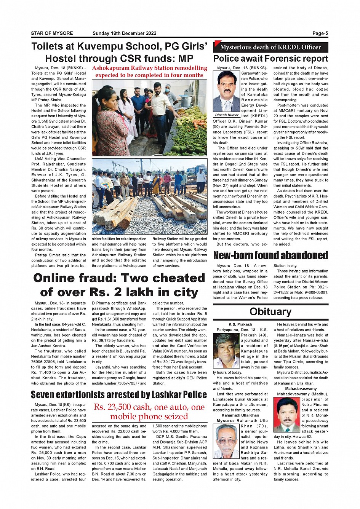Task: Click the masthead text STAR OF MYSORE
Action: (x=52, y=34)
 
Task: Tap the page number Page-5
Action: (x=320, y=34)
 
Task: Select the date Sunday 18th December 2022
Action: (x=124, y=34)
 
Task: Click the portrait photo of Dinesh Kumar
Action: (x=227, y=92)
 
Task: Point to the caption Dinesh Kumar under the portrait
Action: (x=227, y=115)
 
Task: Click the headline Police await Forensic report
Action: (x=270, y=59)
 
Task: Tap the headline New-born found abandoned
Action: (x=270, y=255)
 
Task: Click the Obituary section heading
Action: (x=270, y=312)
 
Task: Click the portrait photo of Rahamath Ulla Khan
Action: (x=226, y=441)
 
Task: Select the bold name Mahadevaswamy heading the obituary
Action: (x=301, y=389)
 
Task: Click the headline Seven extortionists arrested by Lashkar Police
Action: (x=119, y=394)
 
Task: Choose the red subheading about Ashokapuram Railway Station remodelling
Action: (x=150, y=72)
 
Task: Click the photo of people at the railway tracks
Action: (x=150, y=196)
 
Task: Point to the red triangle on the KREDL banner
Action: (x=218, y=43)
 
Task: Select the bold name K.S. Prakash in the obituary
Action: (x=240, y=324)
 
